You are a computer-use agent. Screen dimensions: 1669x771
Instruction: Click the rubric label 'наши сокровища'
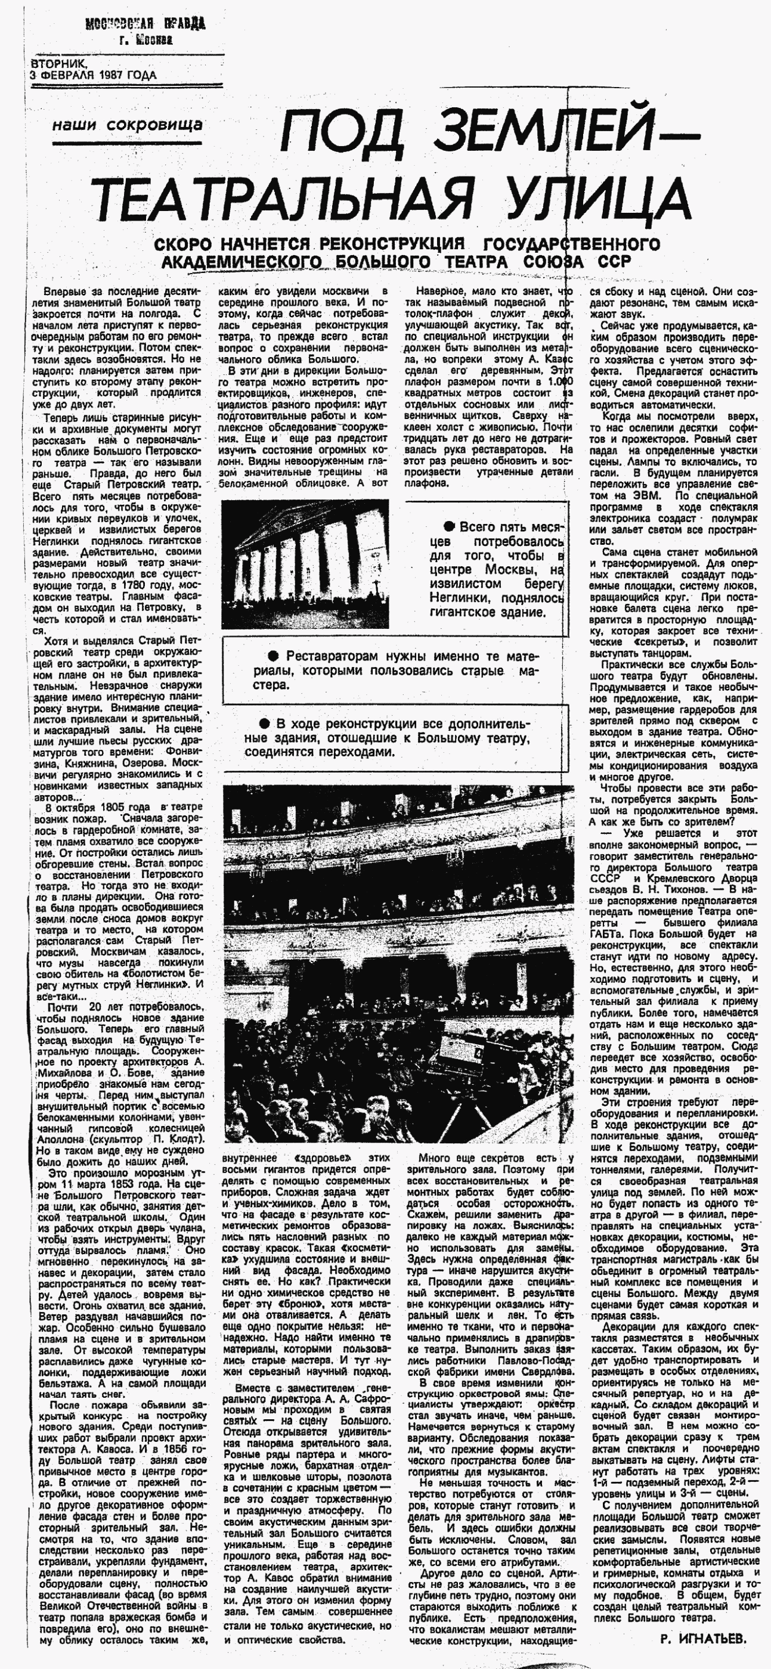[127, 125]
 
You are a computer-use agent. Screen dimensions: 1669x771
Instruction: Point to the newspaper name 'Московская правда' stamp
[145, 25]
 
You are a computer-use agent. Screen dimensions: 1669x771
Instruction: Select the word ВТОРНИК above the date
[58, 64]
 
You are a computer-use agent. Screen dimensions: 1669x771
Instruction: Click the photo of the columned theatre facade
[305, 564]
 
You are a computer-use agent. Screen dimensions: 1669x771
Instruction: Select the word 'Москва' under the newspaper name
[155, 40]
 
